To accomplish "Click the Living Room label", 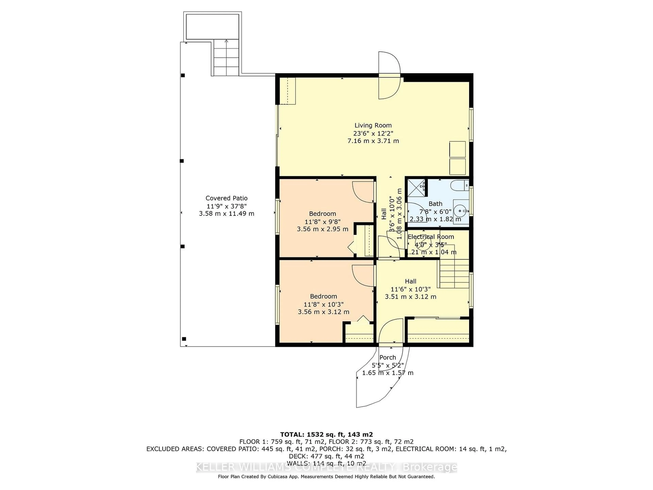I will tap(373, 125).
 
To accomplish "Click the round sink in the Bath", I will tap(460, 211).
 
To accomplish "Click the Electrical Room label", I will tap(431, 237).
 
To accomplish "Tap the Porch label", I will tap(387, 357).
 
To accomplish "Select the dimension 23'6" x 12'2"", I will tap(373, 133).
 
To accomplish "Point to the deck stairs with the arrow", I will tap(226, 58).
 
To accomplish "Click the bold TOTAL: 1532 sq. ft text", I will tap(326, 435).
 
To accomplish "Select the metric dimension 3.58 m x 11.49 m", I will tap(227, 214).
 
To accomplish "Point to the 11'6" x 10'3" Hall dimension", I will tap(410, 289).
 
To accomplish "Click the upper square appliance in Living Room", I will tap(457, 149).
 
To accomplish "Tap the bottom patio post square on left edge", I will tap(184, 339).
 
